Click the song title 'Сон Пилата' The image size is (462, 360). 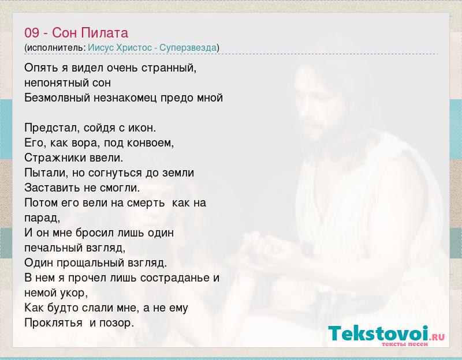tap(90, 33)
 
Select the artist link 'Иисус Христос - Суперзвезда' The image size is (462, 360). tap(152, 47)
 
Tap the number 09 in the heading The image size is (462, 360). tap(32, 33)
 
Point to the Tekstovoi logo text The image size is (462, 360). tap(378, 333)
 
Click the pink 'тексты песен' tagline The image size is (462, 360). tap(405, 344)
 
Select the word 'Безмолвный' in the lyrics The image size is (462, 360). tap(57, 97)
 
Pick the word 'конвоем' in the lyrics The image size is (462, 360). tap(150, 142)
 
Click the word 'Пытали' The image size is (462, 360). tap(46, 172)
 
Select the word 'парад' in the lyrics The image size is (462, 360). tap(41, 218)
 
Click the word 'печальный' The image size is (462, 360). tap(53, 248)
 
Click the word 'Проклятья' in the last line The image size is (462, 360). tap(53, 323)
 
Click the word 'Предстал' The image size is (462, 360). tap(51, 127)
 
